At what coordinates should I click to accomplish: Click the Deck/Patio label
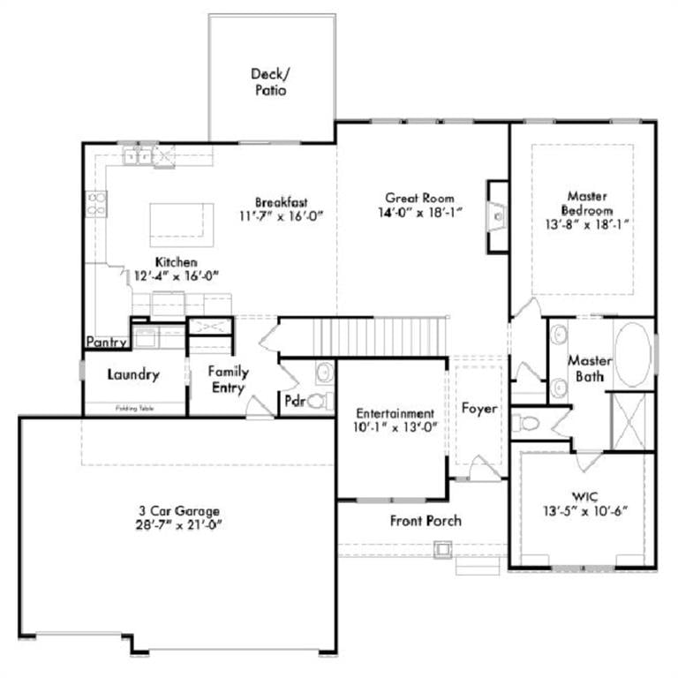pos(269,82)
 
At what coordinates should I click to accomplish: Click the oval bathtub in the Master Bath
pos(632,354)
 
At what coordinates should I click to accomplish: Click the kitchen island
pos(181,225)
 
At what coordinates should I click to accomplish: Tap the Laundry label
pos(133,375)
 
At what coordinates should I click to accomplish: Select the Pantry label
pos(107,342)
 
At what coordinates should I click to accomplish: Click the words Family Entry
pos(228,380)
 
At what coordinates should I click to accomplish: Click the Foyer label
pos(479,410)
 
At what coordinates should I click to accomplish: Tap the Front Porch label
pos(426,521)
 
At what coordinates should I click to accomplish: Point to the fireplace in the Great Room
pos(498,215)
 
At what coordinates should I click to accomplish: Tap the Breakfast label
pos(282,201)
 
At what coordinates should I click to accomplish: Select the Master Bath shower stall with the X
pos(633,419)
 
